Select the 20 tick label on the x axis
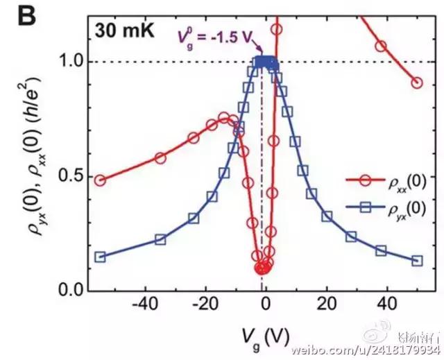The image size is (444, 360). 326,304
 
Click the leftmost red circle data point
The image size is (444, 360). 100,180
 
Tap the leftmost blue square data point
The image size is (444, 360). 100,257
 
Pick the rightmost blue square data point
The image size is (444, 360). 417,261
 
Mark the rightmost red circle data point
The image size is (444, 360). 417,83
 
